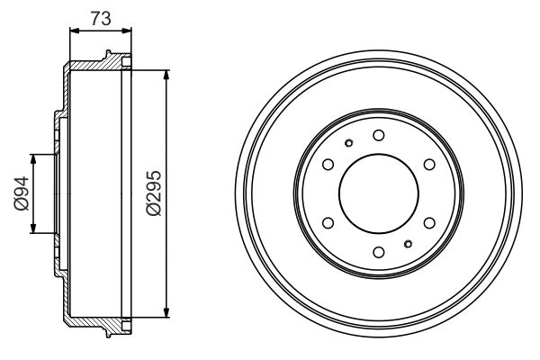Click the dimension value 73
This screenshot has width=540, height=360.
(100, 16)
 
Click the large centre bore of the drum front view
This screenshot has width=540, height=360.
(378, 193)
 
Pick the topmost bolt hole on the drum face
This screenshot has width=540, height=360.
(378, 135)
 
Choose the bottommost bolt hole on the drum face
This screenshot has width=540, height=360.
(378, 251)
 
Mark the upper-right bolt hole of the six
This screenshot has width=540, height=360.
(428, 164)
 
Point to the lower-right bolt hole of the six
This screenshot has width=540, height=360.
(428, 221)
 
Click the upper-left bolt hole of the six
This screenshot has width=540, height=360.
(328, 164)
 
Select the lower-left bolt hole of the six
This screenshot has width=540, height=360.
(328, 221)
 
